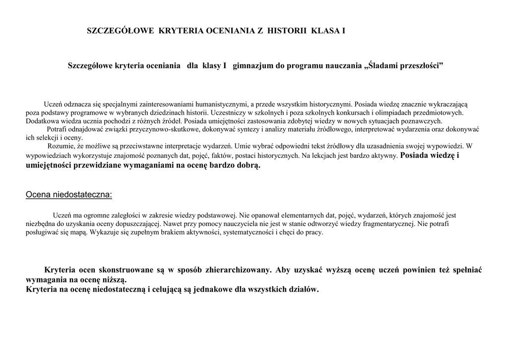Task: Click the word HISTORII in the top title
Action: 287,31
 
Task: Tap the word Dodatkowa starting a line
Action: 41,121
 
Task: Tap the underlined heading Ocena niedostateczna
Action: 69,194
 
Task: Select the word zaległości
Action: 127,216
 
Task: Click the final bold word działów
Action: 303,289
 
